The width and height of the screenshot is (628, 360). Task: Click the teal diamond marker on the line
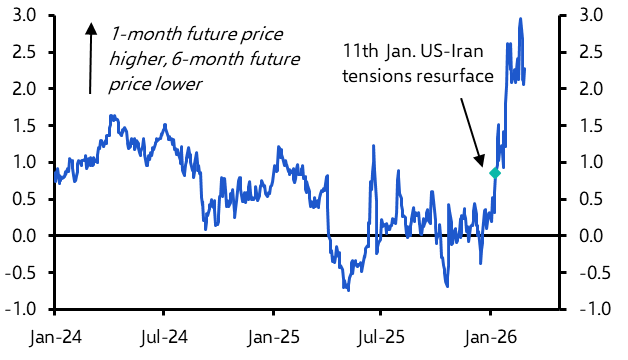[494, 173]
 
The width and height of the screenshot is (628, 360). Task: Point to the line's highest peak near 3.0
[520, 19]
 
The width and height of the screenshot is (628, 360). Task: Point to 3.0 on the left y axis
[25, 15]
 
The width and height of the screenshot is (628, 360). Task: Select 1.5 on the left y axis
[25, 125]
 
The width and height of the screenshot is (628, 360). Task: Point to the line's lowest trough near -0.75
[348, 290]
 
